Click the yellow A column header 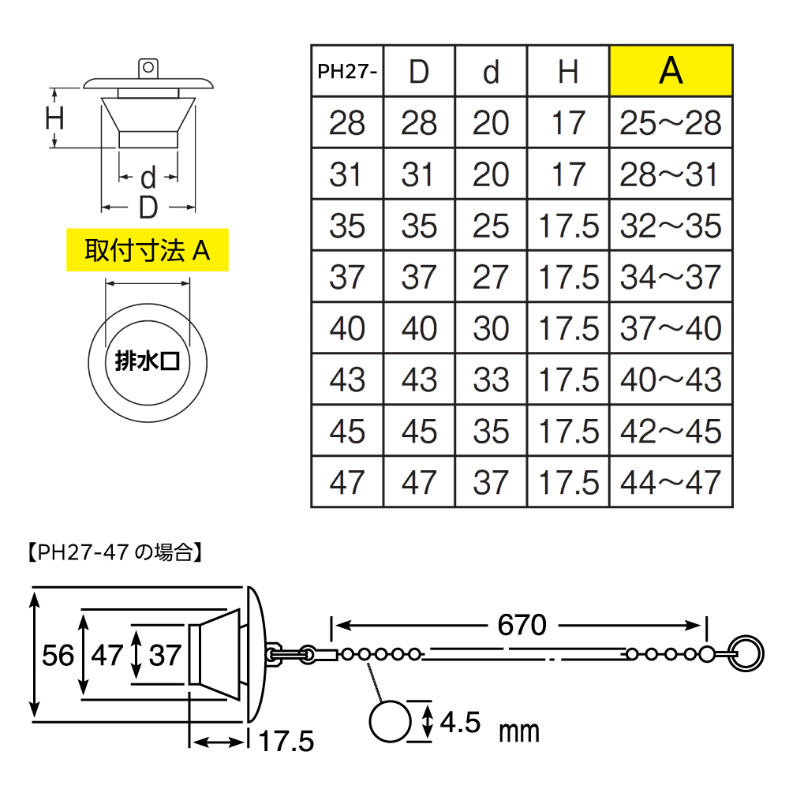point(671,72)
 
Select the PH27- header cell point(347,72)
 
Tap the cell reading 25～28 point(671,123)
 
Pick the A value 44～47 point(671,481)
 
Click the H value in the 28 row point(568,123)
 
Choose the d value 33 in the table point(491,380)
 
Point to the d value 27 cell point(491,277)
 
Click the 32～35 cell point(671,226)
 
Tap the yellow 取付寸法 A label point(148,251)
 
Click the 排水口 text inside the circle point(148,362)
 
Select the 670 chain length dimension point(522,625)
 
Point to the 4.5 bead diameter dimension point(460,721)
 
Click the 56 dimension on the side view point(58,655)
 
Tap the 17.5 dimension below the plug point(286,742)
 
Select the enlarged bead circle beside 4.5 point(391,721)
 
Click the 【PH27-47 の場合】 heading point(111,552)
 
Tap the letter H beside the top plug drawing point(54,118)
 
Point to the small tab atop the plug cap point(148,68)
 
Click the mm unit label point(518,731)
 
